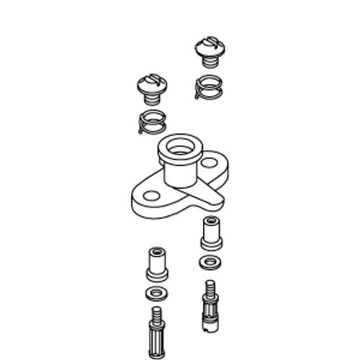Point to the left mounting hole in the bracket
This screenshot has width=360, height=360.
click(x=150, y=195)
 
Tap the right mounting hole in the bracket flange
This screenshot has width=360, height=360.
click(x=209, y=163)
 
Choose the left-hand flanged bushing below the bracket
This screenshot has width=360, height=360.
click(x=157, y=264)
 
